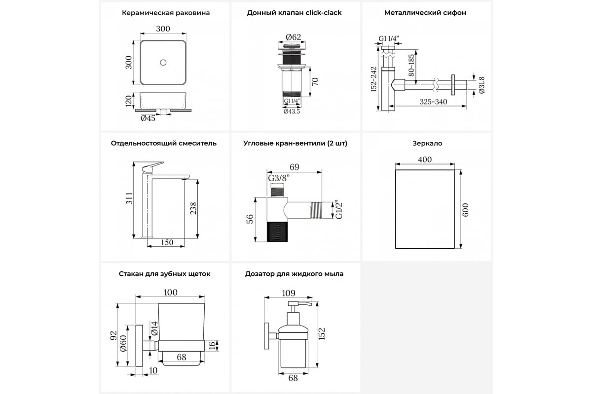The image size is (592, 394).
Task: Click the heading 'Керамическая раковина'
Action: (x=165, y=13)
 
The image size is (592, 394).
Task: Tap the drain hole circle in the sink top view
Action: (x=165, y=63)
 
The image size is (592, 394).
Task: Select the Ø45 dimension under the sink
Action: (x=148, y=118)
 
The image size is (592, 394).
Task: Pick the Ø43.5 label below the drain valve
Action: (x=292, y=111)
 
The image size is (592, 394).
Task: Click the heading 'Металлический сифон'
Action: (x=425, y=13)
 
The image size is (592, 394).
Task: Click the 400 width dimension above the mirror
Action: (x=424, y=160)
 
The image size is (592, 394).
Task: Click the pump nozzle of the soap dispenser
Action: (x=302, y=305)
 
